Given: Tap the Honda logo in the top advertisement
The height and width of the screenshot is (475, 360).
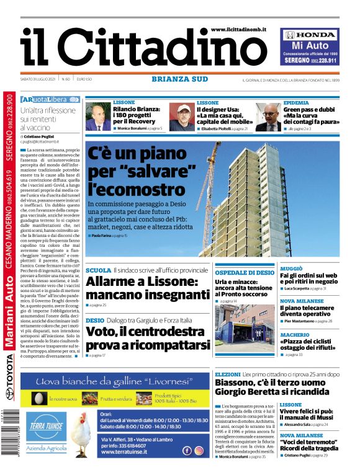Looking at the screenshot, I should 310,35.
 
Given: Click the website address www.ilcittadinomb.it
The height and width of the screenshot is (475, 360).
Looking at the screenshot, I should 238,29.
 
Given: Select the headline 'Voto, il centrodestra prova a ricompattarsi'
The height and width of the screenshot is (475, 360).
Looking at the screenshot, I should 148,339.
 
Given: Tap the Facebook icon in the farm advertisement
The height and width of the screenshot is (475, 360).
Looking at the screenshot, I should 187,451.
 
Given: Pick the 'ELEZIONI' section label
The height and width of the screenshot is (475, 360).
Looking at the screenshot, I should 227,375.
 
